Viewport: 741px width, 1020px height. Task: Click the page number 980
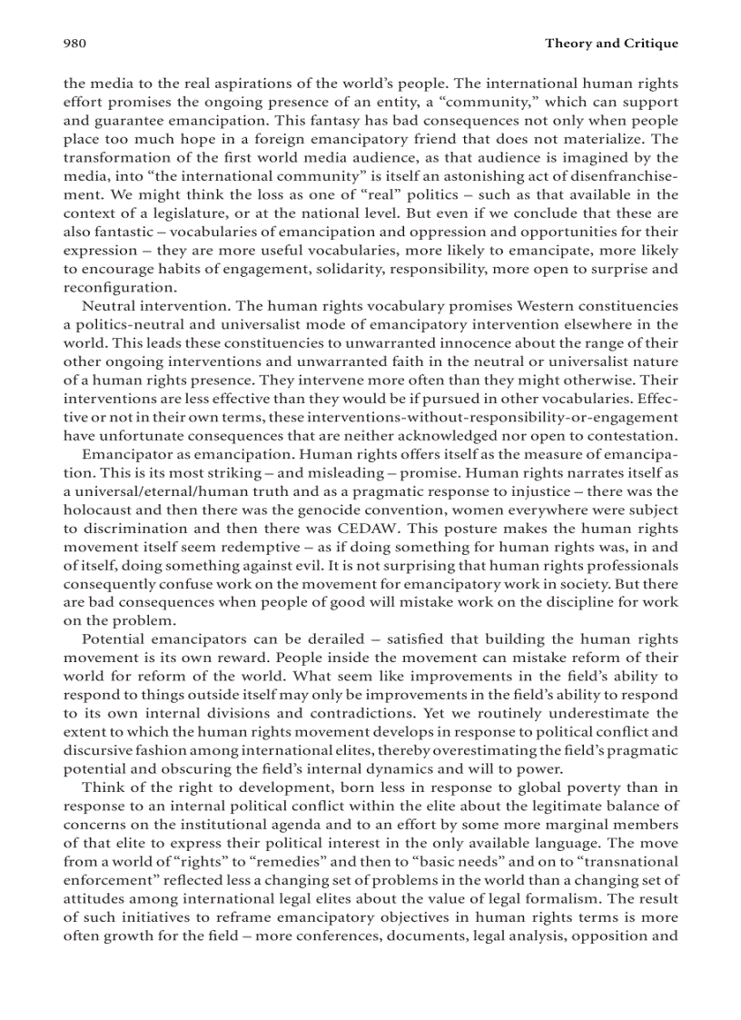point(74,43)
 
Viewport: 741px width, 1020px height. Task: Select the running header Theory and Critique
point(611,43)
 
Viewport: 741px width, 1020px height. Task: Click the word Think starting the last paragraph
point(101,787)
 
